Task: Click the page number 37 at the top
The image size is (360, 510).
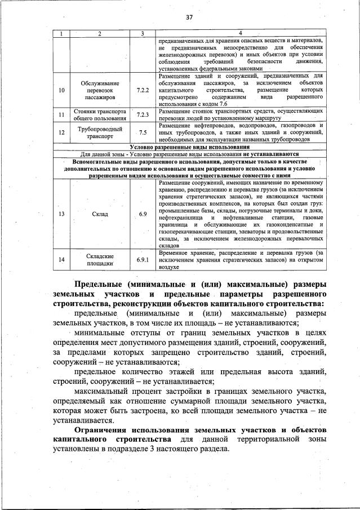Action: coord(189,17)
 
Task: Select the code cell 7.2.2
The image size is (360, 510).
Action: coord(143,90)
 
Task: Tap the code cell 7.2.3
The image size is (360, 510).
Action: coord(143,116)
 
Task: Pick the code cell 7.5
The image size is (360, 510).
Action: coord(143,133)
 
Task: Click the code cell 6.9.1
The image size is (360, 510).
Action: coord(143,260)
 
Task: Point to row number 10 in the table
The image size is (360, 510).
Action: coord(61,90)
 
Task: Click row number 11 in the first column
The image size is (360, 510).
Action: coord(61,116)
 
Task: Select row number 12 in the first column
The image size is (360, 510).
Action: coord(61,133)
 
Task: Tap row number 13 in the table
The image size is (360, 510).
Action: coord(61,214)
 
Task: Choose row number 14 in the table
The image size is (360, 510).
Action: coord(61,260)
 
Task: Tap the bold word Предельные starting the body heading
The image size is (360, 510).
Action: coord(99,283)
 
